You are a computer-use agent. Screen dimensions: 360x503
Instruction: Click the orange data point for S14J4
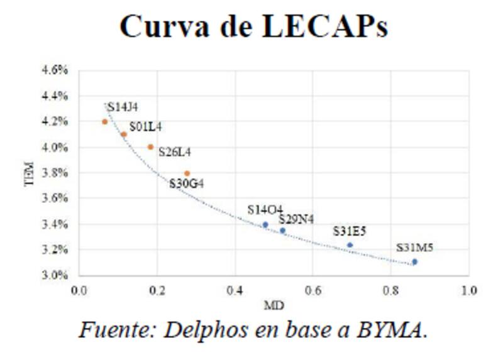point(105,122)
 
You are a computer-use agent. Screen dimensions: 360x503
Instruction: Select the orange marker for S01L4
point(124,134)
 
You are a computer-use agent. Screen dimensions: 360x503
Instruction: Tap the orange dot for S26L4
point(151,147)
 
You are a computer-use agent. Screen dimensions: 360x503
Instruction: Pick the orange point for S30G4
point(187,173)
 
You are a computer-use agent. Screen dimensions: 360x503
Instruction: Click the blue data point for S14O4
point(265,224)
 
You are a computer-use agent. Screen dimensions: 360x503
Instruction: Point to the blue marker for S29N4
point(283,231)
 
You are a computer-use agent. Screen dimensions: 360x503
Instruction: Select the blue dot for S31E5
point(350,245)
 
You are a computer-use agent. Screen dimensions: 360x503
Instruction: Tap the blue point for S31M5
point(414,262)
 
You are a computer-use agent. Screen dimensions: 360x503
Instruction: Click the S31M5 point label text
point(414,248)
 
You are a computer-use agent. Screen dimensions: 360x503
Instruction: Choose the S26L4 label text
point(175,151)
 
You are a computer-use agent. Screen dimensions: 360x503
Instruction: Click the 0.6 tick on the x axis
point(313,291)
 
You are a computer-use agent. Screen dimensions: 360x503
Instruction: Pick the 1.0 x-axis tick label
point(469,291)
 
